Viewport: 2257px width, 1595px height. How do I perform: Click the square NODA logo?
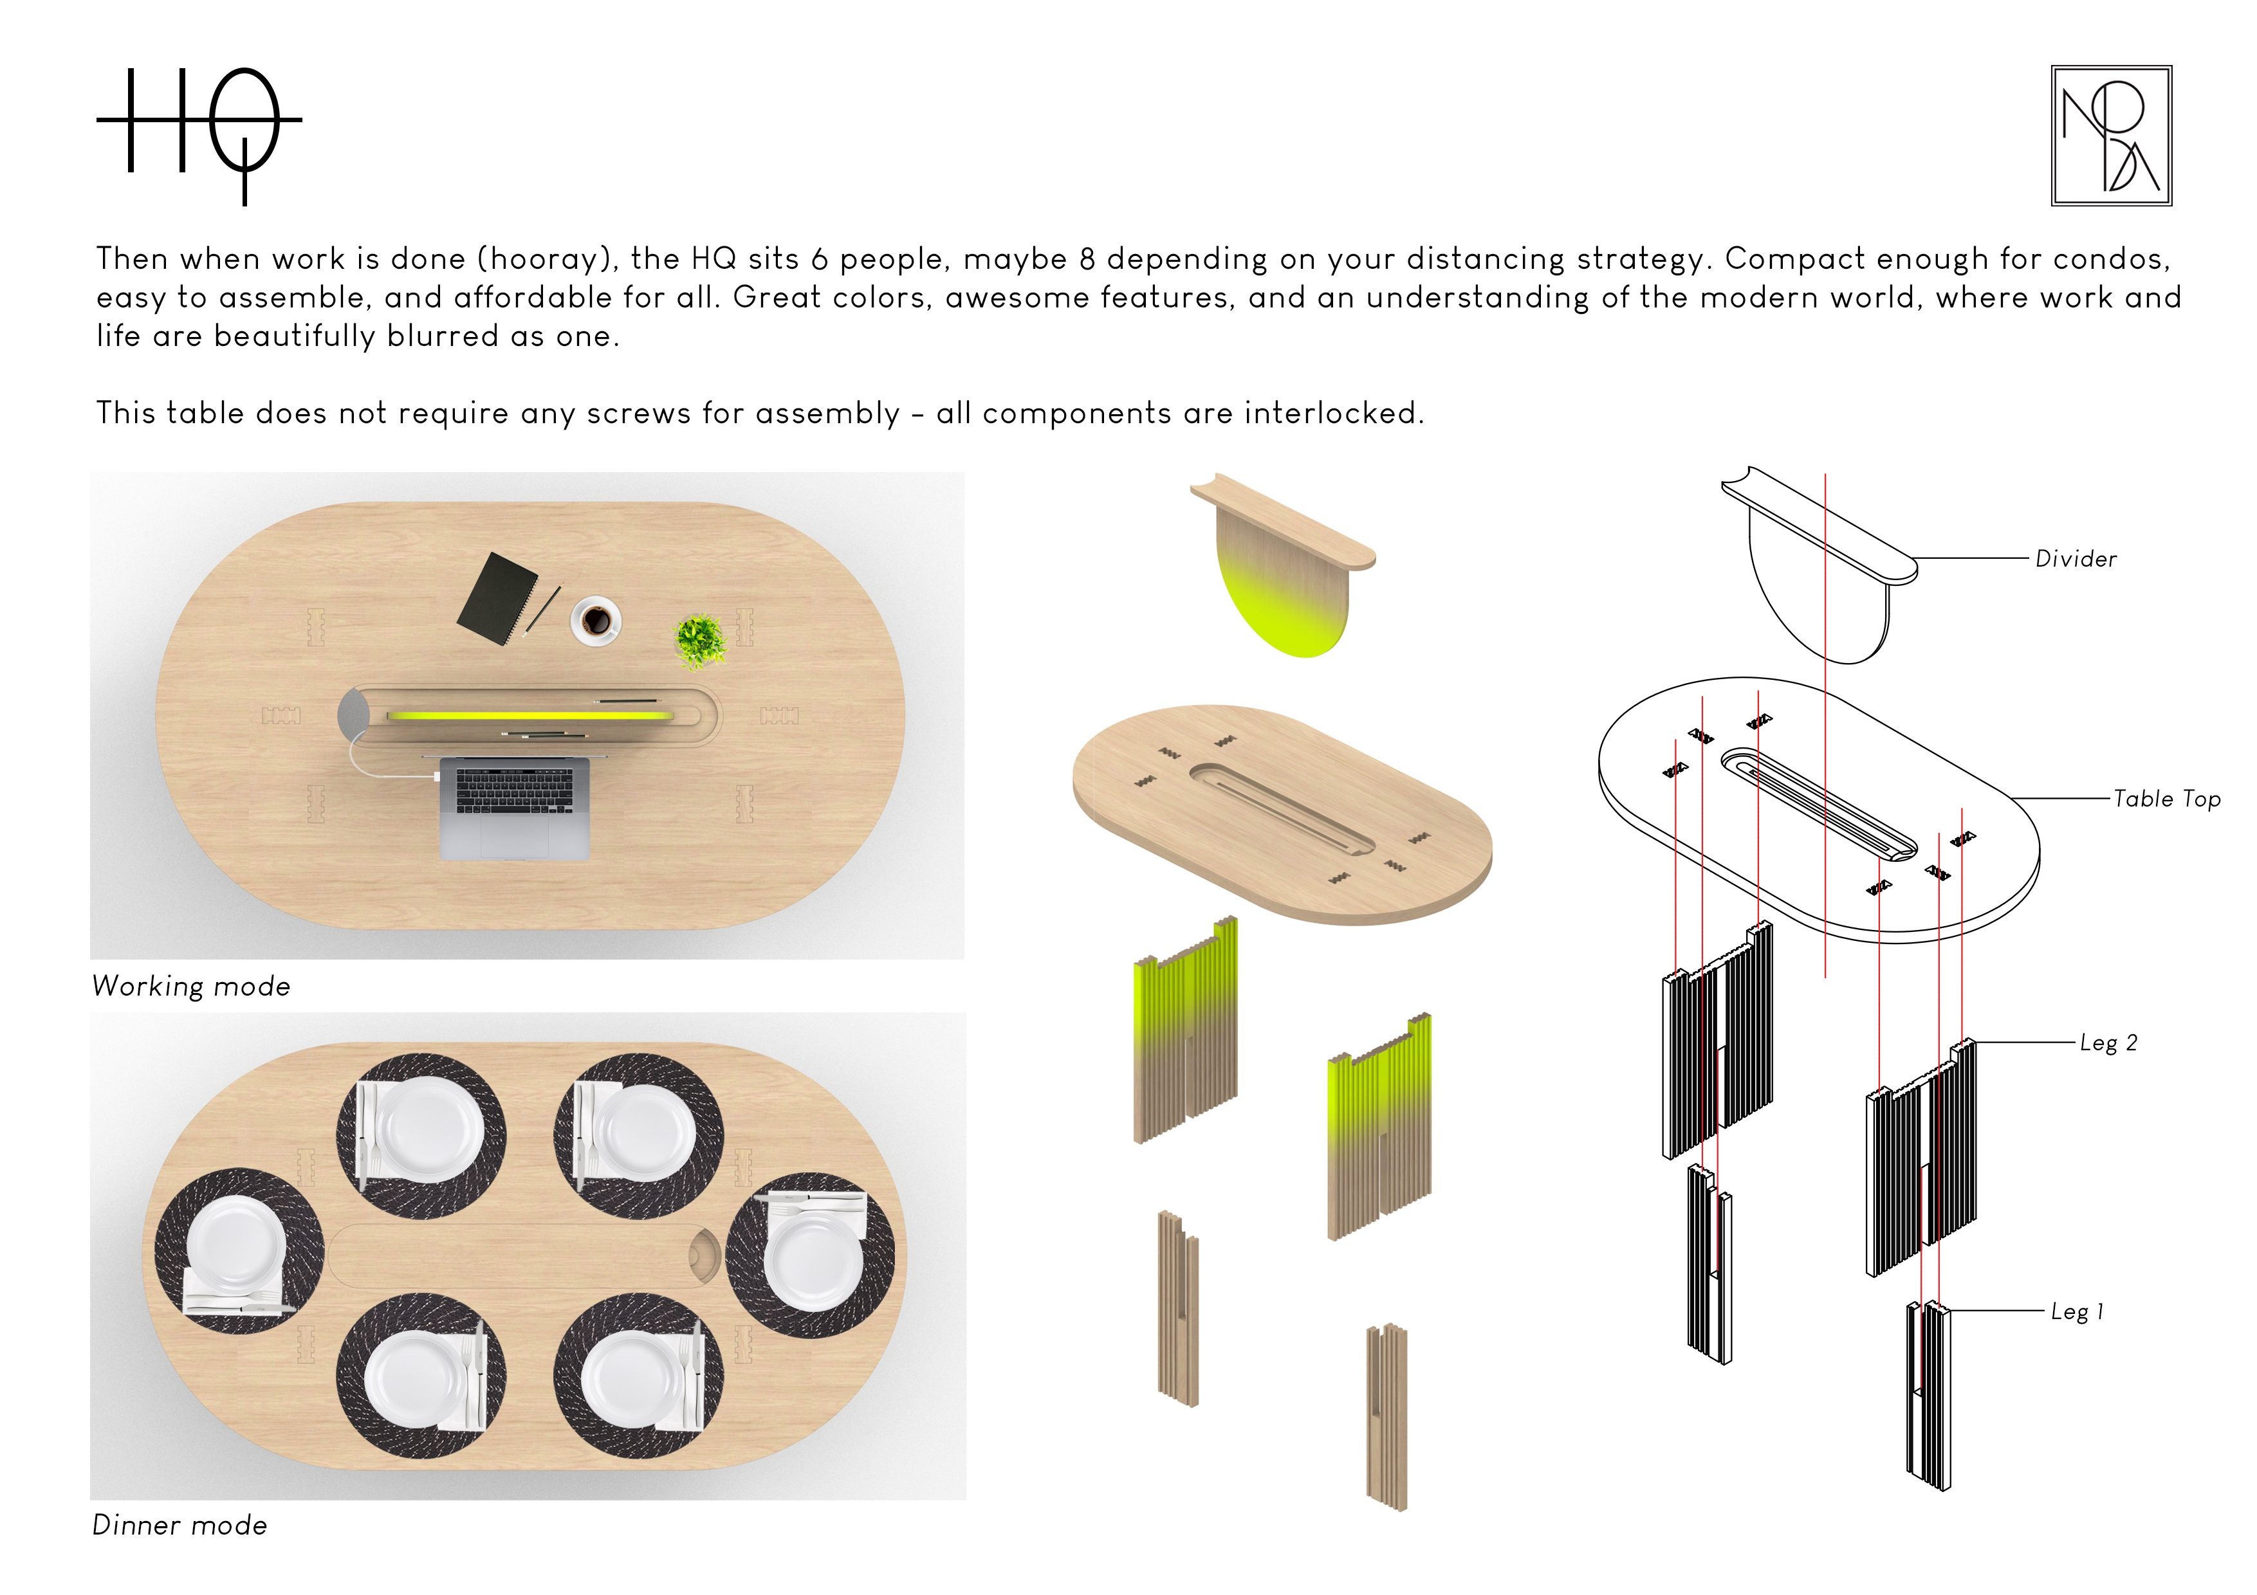click(2110, 136)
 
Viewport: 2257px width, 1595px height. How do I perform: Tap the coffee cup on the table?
click(596, 620)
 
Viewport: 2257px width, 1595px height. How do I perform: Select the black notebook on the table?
click(497, 599)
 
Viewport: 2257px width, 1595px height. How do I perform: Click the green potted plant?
click(700, 641)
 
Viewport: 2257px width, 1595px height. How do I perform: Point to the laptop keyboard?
click(514, 790)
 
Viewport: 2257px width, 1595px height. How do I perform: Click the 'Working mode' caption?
click(192, 986)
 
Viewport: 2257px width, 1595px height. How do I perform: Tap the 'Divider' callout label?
click(2075, 558)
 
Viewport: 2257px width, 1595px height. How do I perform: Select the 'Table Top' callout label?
click(2166, 798)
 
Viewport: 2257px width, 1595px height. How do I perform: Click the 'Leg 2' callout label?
click(2108, 1043)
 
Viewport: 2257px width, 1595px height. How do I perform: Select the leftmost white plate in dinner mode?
click(236, 1244)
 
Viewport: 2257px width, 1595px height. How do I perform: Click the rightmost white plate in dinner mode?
click(814, 1262)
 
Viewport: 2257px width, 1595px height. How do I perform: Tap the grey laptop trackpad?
click(514, 835)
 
